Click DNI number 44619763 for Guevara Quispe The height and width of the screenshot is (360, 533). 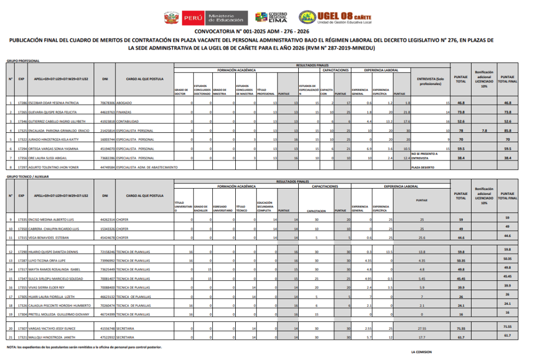click(x=107, y=112)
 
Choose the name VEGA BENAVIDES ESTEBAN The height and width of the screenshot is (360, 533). click(x=48, y=238)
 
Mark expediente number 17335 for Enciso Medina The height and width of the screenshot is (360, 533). click(x=21, y=220)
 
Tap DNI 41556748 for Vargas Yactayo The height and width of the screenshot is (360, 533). click(x=107, y=329)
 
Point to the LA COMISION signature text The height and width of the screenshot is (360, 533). click(x=421, y=352)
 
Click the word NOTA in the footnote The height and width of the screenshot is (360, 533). click(x=10, y=347)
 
